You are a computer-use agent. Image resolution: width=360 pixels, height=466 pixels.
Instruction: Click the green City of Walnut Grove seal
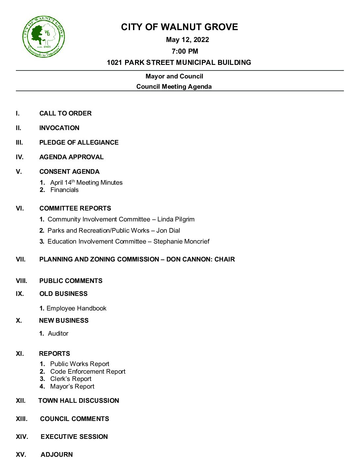pos(43,36)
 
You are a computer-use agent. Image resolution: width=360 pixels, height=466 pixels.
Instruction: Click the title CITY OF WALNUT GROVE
pos(179,27)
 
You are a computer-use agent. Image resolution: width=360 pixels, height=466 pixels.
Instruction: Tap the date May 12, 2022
pos(187,40)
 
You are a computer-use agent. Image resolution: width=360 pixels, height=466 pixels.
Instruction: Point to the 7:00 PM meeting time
pos(185,51)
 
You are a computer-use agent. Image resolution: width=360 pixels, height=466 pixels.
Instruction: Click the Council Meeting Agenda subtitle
pos(174,87)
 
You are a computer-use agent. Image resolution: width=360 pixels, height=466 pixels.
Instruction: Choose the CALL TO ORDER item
pos(65,114)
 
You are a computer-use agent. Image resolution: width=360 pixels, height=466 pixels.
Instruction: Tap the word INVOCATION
pos(59,128)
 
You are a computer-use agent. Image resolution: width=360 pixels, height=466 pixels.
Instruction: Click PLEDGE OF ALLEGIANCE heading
pos(79,143)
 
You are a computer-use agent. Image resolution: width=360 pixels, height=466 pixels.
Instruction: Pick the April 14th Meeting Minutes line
pos(86,183)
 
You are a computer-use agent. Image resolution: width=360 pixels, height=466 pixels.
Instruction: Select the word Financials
pos(65,190)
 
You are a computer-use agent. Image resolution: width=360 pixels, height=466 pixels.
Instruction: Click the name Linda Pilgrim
pos(176,219)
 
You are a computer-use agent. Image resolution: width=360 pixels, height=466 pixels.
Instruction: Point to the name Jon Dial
pos(168,231)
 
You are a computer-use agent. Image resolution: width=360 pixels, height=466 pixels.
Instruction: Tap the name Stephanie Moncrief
pos(181,242)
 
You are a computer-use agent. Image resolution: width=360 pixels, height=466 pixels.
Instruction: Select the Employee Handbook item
pos(76,308)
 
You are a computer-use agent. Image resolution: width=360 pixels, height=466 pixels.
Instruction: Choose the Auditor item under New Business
pos(58,334)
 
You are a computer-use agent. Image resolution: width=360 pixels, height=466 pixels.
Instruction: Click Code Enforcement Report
pos(88,372)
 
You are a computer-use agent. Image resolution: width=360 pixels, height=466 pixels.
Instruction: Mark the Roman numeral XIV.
pos(22,437)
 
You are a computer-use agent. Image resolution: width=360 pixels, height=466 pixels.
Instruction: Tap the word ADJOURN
pos(57,455)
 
